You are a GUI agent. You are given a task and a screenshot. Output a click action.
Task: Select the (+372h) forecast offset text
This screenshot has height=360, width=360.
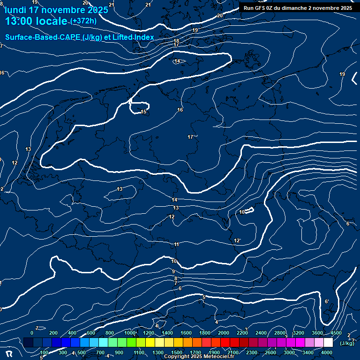click(x=83, y=21)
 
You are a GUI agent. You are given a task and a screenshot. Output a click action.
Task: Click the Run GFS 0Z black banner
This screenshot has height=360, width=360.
click(x=298, y=8)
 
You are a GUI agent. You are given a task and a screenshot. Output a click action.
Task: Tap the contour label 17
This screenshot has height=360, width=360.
click(x=190, y=137)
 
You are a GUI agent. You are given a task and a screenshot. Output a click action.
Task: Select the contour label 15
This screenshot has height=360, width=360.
click(x=144, y=112)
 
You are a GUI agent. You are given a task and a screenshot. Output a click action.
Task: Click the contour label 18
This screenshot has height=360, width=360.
click(x=176, y=41)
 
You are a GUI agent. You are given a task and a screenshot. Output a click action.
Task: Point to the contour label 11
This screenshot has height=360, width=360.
click(x=177, y=244)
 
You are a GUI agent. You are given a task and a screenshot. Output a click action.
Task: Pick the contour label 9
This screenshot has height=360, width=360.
click(x=173, y=271)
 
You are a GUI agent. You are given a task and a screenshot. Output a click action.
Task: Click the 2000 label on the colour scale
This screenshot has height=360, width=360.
click(x=224, y=333)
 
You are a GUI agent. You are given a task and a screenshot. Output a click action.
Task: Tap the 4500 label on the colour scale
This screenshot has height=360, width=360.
click(x=336, y=333)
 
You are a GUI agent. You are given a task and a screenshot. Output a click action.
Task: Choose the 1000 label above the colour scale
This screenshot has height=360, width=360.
click(x=130, y=333)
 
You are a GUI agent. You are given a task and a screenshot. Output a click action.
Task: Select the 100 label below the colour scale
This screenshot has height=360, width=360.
click(x=44, y=352)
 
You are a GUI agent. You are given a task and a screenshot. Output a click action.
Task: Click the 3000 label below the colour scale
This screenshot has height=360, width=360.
click(x=289, y=352)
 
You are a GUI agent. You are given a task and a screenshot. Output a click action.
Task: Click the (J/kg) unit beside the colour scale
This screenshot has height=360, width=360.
click(x=346, y=343)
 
